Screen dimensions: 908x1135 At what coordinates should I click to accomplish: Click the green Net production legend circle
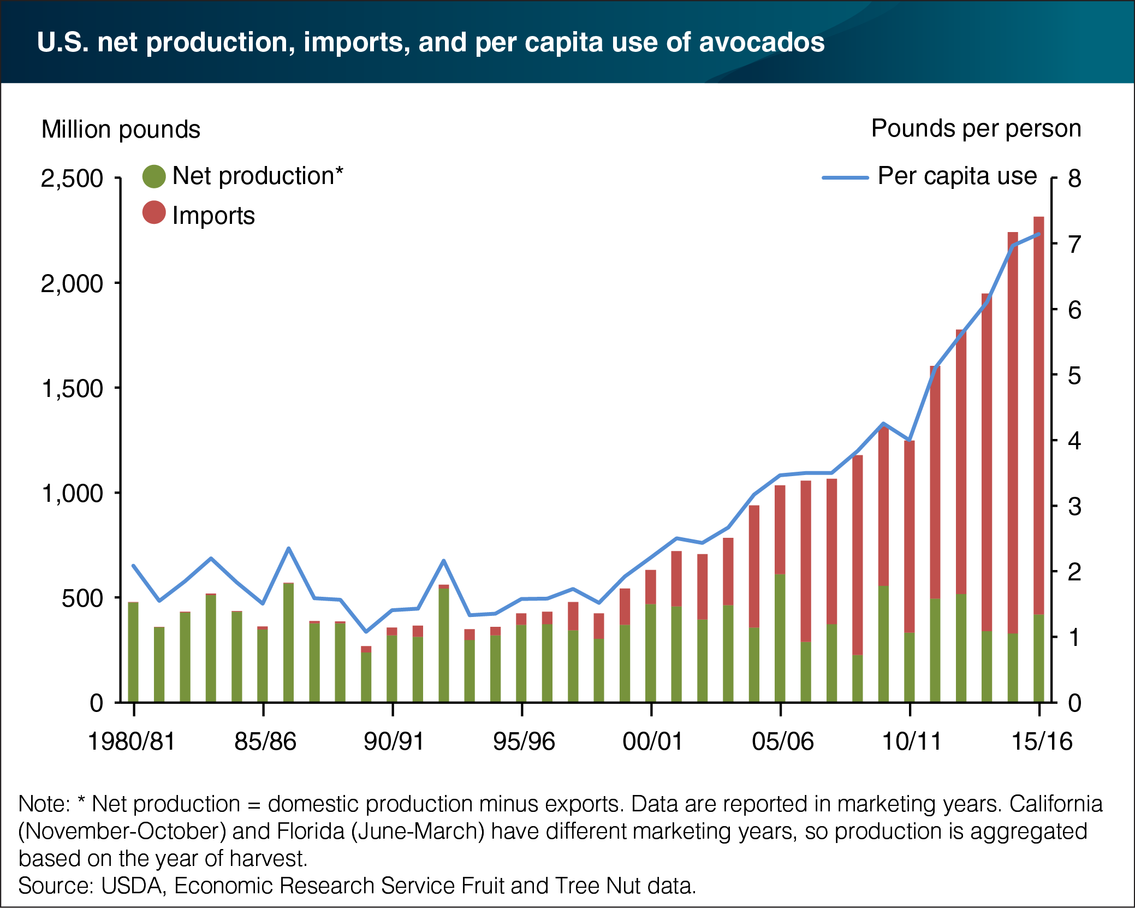pyautogui.click(x=153, y=176)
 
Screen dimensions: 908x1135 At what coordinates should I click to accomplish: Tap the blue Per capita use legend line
pyautogui.click(x=845, y=177)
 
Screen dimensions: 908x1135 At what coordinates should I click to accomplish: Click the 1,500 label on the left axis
pyautogui.click(x=72, y=389)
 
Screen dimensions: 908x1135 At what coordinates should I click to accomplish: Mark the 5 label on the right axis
pyautogui.click(x=1074, y=376)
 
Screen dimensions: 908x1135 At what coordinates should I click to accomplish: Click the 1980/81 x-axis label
pyautogui.click(x=132, y=741)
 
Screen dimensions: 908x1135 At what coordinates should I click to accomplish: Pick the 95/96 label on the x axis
pyautogui.click(x=524, y=741)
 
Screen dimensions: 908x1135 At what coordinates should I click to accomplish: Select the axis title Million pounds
pyautogui.click(x=121, y=130)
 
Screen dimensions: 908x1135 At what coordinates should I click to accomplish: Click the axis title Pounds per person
pyautogui.click(x=976, y=129)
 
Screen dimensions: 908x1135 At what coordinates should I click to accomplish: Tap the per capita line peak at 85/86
pyautogui.click(x=289, y=548)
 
